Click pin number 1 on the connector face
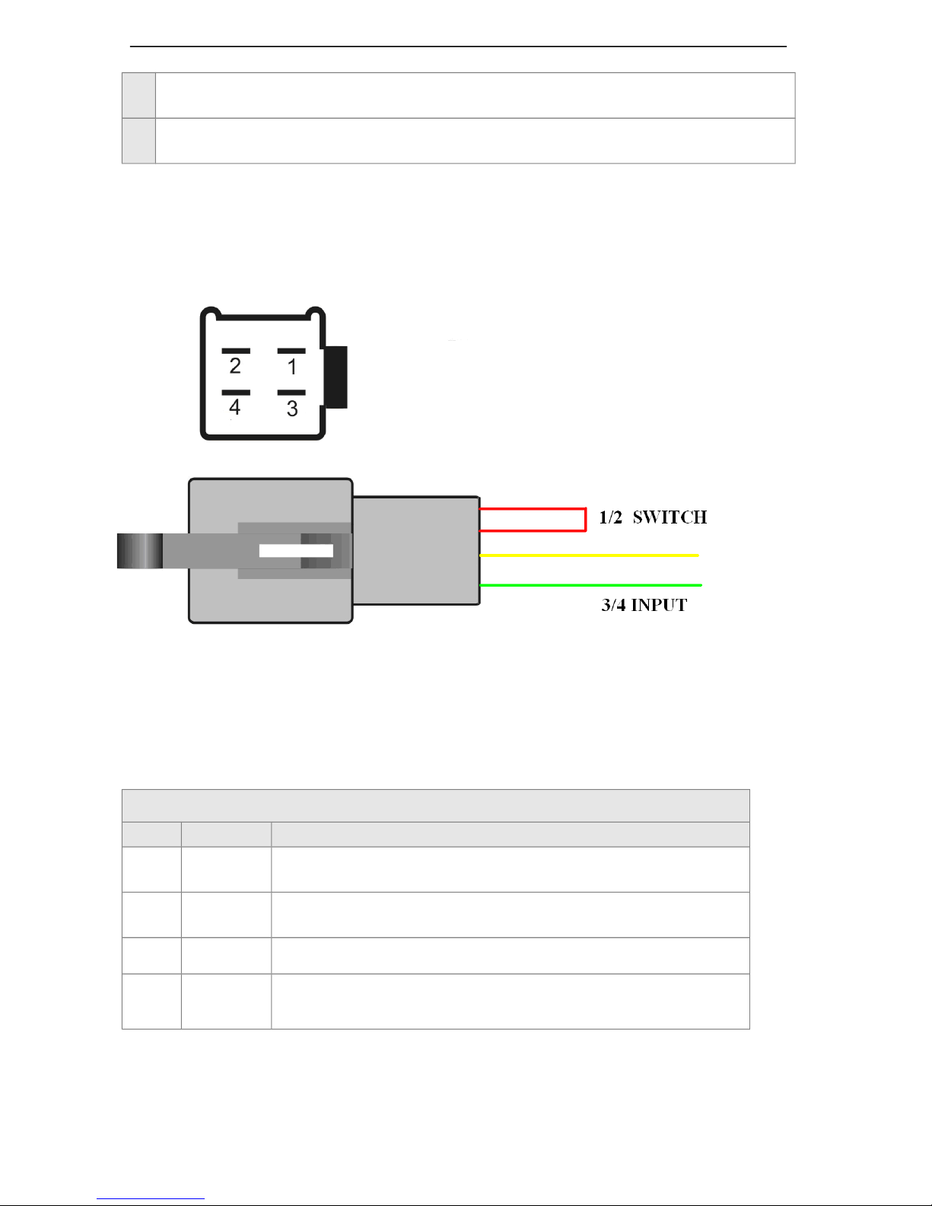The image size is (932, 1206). [x=292, y=368]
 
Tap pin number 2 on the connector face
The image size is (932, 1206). [x=235, y=367]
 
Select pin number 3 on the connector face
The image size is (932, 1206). [x=292, y=409]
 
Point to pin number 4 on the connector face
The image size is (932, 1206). [x=235, y=408]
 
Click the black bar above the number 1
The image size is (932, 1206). [x=291, y=351]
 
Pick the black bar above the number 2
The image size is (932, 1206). [x=236, y=351]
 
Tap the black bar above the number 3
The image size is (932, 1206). [x=291, y=393]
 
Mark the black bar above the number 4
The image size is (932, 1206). [x=236, y=393]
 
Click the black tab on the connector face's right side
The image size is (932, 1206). [x=337, y=377]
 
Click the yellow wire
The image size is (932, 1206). [x=590, y=555]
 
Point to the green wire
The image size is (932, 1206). [x=590, y=585]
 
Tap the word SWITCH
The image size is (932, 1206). [x=670, y=518]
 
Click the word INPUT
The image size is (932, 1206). [x=659, y=606]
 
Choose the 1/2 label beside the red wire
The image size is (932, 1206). [x=610, y=518]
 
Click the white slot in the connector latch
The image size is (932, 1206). [x=295, y=551]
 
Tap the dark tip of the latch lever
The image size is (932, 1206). [x=139, y=551]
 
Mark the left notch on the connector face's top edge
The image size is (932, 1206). [x=215, y=311]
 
